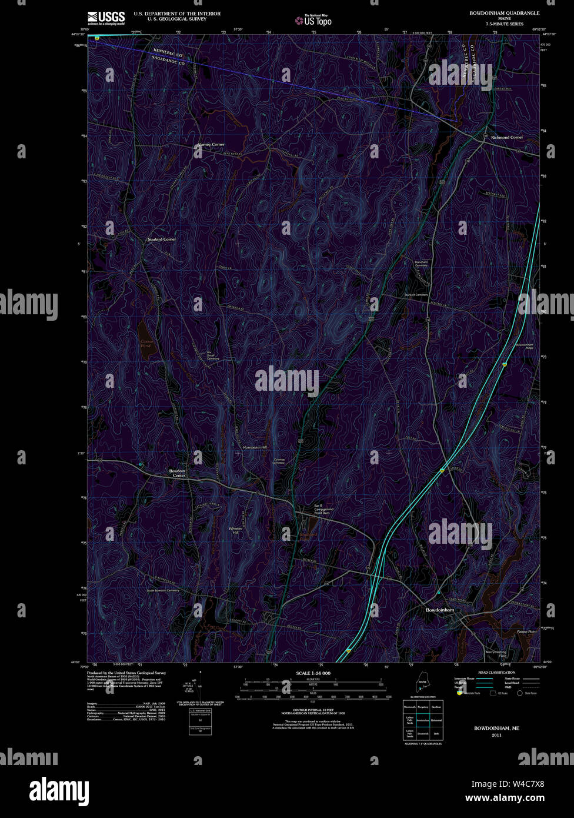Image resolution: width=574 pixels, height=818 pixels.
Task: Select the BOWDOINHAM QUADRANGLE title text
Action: click(x=504, y=12)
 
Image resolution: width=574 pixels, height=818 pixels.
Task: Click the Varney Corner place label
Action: click(x=211, y=144)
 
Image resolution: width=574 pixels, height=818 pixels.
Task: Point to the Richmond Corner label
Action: click(x=507, y=137)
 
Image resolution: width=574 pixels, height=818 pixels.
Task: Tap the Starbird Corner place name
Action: click(x=161, y=240)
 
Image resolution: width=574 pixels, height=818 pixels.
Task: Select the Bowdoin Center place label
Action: click(x=177, y=473)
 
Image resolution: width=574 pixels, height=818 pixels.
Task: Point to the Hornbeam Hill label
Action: click(x=255, y=448)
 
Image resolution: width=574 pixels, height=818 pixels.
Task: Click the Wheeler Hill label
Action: click(x=235, y=530)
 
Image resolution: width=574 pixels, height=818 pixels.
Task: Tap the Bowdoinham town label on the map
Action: click(x=440, y=610)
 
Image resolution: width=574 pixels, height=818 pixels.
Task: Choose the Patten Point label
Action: click(x=527, y=631)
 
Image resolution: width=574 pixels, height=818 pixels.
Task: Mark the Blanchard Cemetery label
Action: click(x=421, y=264)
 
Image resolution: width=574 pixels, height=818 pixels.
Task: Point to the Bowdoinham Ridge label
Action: click(x=525, y=346)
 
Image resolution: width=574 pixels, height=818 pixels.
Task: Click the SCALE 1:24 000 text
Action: click(x=313, y=673)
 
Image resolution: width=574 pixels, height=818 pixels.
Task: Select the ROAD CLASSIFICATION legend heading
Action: click(x=497, y=672)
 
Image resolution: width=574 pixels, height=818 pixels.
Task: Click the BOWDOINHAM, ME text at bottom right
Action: click(x=496, y=728)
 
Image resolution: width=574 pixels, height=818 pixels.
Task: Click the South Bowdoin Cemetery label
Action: click(x=163, y=590)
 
